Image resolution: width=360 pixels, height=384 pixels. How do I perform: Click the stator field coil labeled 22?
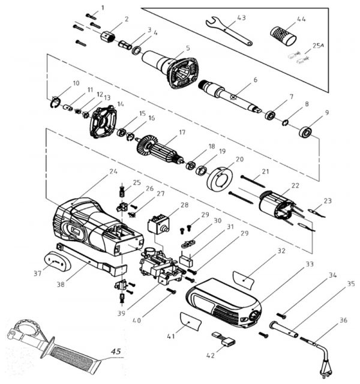coord(277,205)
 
